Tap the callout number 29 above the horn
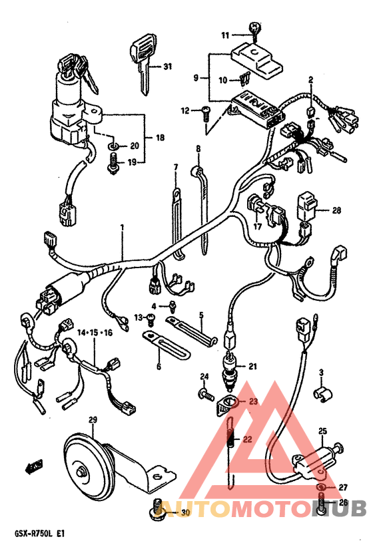click(x=93, y=420)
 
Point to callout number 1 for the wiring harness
click(x=122, y=228)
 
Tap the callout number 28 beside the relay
click(x=337, y=210)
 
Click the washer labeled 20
click(x=113, y=145)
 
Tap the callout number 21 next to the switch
click(x=252, y=367)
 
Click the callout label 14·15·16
click(x=95, y=333)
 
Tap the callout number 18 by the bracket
click(x=160, y=137)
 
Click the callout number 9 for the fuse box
click(x=196, y=77)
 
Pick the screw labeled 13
click(x=151, y=319)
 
